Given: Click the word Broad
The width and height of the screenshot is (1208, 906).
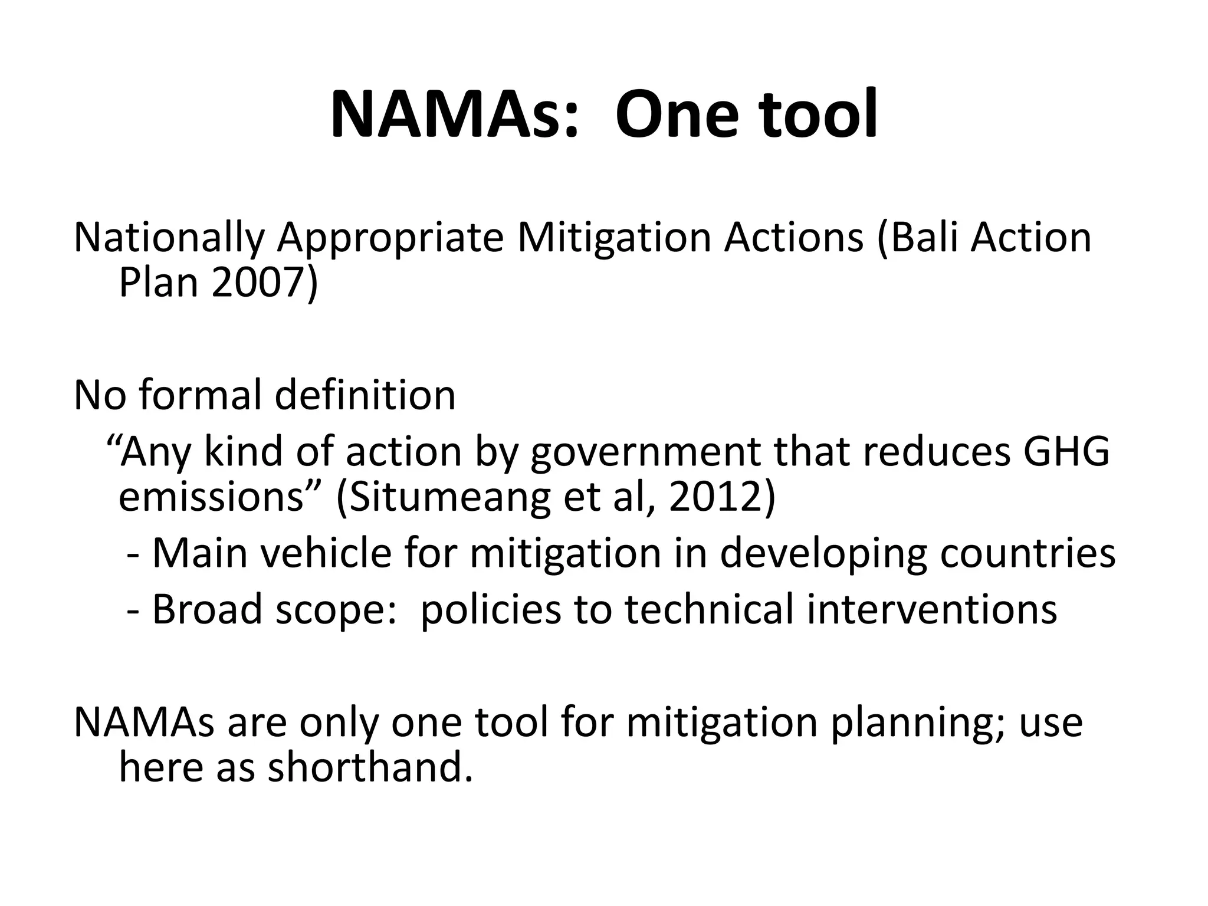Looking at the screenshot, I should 206,609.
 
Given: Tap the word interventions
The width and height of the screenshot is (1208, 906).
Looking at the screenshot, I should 932,609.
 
